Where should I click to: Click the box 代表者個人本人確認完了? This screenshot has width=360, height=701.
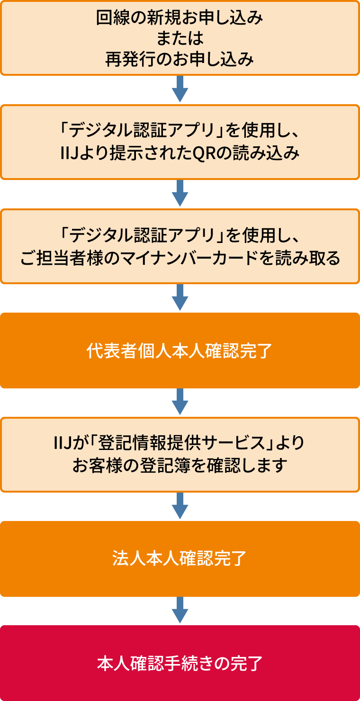(x=180, y=350)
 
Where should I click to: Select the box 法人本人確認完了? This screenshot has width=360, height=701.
(x=180, y=559)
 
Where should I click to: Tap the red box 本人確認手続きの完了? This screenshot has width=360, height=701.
(x=180, y=663)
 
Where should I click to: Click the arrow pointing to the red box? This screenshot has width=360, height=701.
(x=180, y=611)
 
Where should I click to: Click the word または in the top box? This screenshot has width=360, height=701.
(x=180, y=39)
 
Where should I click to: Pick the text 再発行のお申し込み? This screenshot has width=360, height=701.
(x=180, y=60)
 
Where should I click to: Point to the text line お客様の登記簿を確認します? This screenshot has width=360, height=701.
(x=180, y=465)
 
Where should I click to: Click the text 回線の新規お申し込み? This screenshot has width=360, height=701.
(x=180, y=18)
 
